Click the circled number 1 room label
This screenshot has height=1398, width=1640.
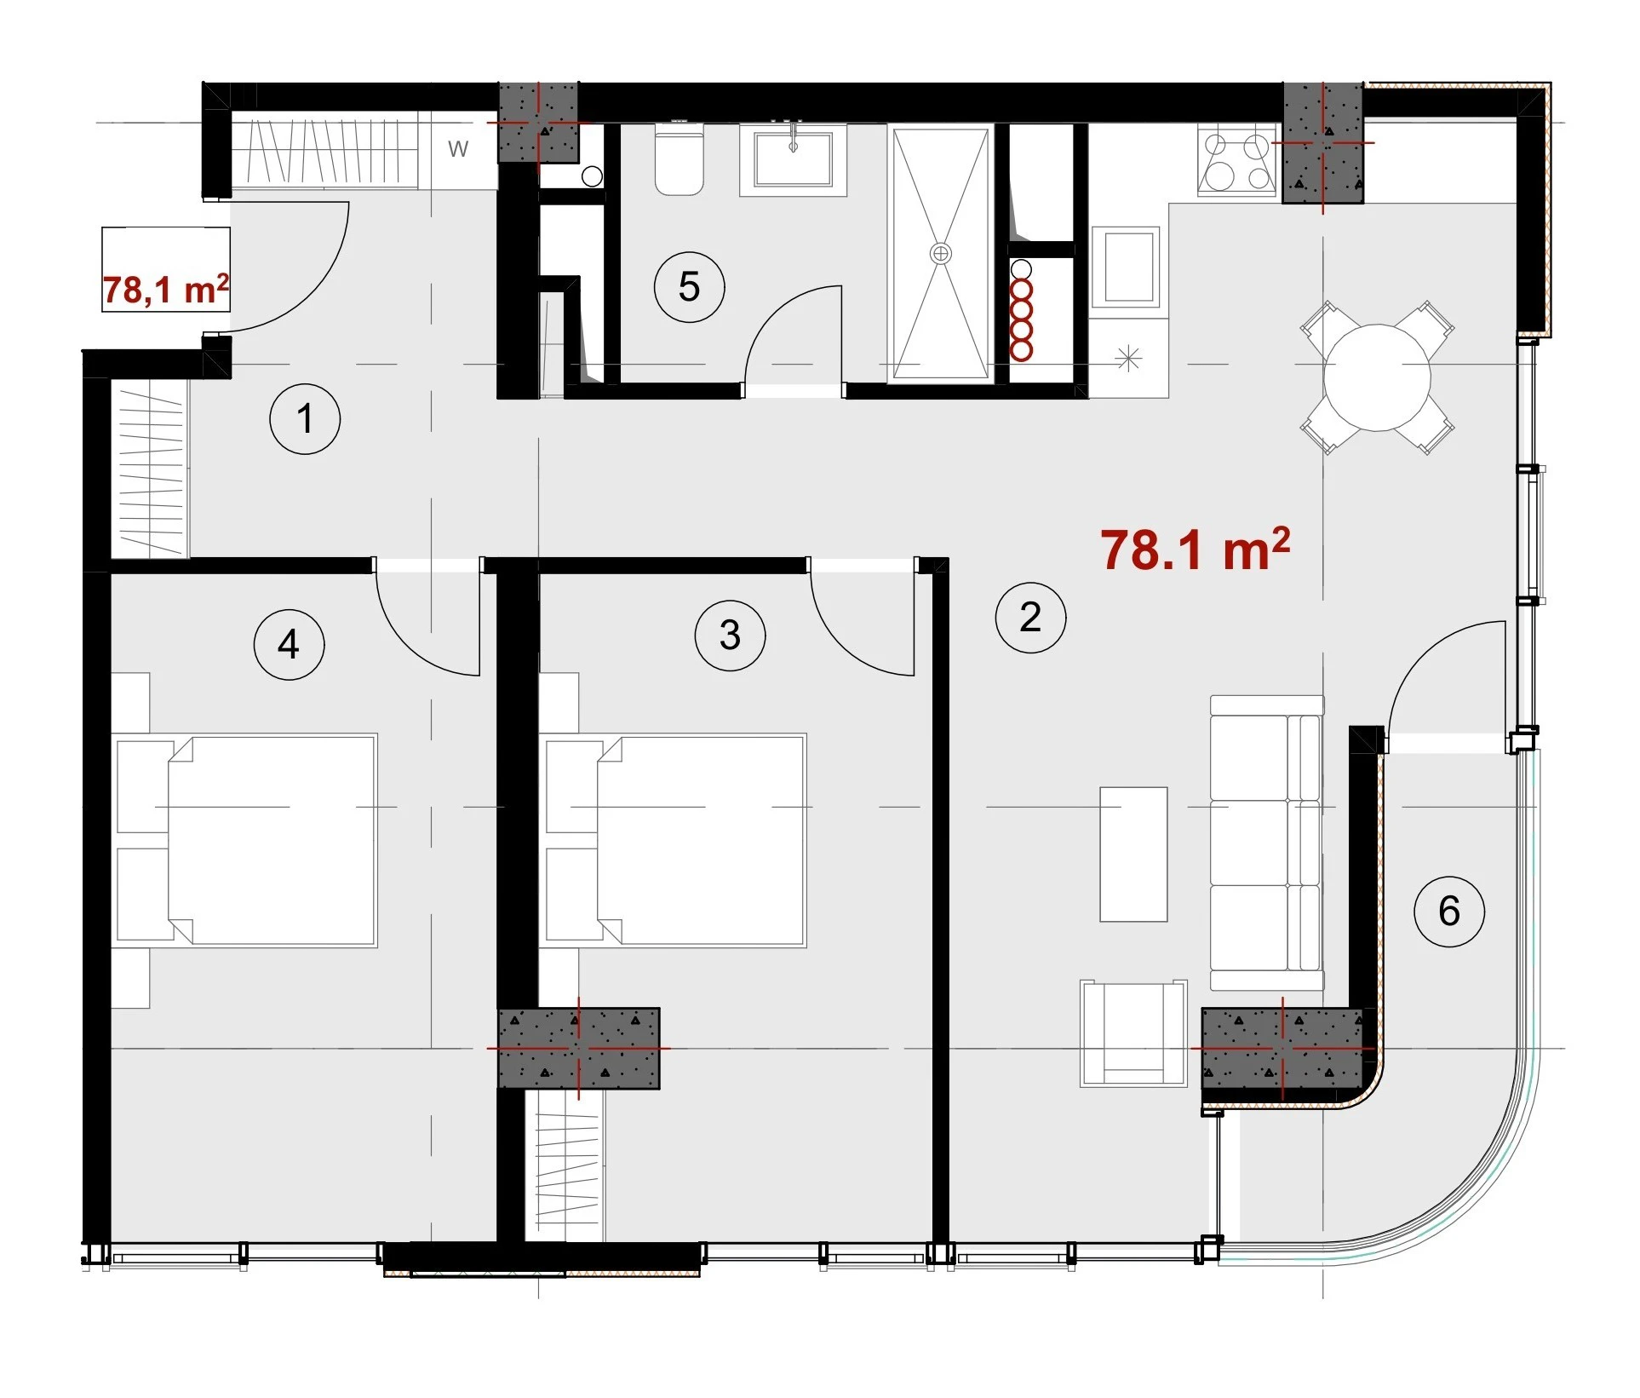[x=305, y=419]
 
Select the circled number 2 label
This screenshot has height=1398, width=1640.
[x=1030, y=618]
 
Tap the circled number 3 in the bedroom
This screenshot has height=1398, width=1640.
[x=730, y=636]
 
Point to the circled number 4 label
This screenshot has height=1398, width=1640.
[x=289, y=645]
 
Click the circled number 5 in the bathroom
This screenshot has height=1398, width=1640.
[x=689, y=287]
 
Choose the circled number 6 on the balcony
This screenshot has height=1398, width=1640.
[x=1449, y=912]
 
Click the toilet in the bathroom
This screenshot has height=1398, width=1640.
[x=679, y=159]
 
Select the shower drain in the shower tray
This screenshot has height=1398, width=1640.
[x=940, y=253]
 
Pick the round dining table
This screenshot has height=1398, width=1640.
[x=1377, y=377]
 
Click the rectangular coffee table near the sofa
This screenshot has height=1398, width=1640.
[x=1133, y=854]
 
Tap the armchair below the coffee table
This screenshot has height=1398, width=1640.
[x=1133, y=1033]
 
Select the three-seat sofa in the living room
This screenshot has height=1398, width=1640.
[x=1267, y=843]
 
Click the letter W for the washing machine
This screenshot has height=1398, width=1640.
[x=458, y=149]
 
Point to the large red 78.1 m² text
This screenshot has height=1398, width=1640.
[x=1195, y=549]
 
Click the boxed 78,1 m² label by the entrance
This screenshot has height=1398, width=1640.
[x=166, y=290]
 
